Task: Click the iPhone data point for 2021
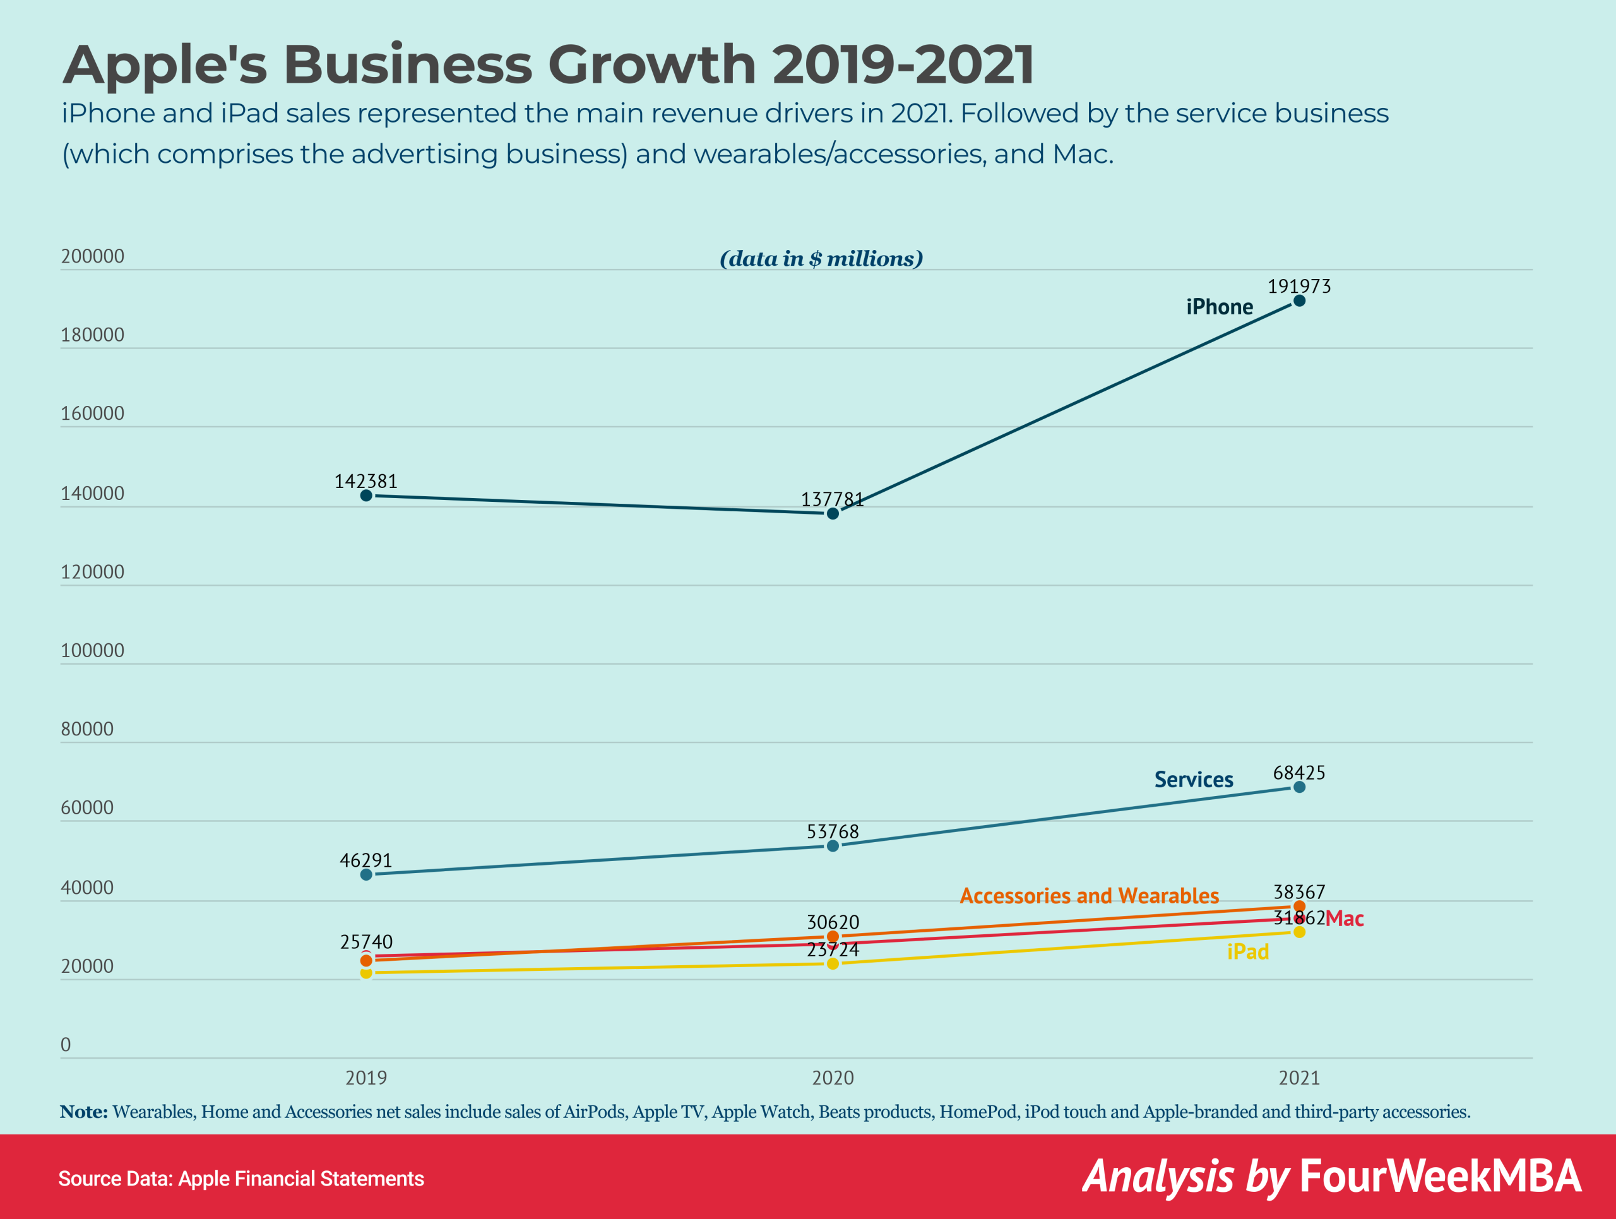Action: click(1299, 301)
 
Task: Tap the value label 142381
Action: click(365, 481)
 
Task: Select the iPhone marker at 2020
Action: click(832, 513)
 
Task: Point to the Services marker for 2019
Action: click(366, 874)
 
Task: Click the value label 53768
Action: click(832, 832)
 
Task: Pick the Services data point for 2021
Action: click(1299, 787)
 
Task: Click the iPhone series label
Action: click(1218, 307)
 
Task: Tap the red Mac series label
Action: click(1344, 919)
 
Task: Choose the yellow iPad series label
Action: click(1247, 952)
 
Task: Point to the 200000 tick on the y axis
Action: click(92, 256)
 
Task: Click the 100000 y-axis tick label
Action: click(92, 650)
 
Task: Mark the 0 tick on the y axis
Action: click(66, 1044)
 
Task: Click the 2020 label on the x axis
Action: click(832, 1078)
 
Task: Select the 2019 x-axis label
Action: click(366, 1078)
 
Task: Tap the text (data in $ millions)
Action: click(821, 259)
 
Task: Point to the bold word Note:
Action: click(84, 1112)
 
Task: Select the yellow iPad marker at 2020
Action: click(832, 963)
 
